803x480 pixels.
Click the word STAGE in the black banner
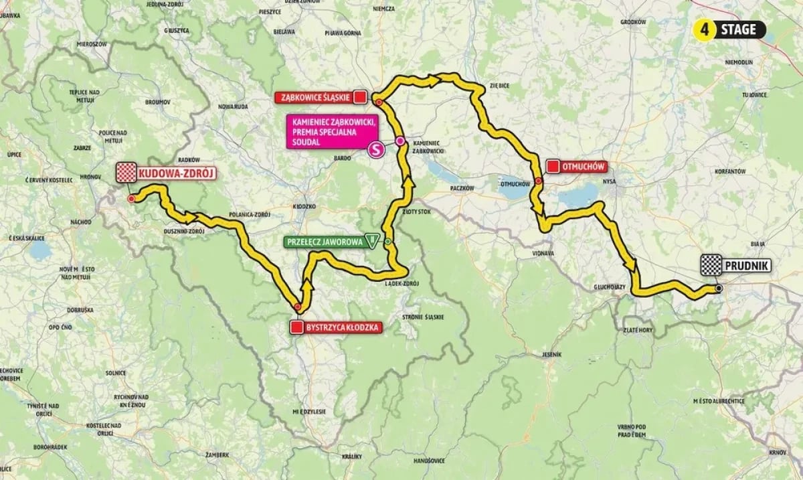739,29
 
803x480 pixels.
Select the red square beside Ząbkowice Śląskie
360,98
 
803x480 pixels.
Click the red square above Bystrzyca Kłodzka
296,327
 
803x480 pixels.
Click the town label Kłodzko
304,207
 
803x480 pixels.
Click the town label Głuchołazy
609,285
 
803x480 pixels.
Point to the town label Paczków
461,189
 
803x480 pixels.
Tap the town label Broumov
158,102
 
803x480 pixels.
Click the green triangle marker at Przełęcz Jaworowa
371,242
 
